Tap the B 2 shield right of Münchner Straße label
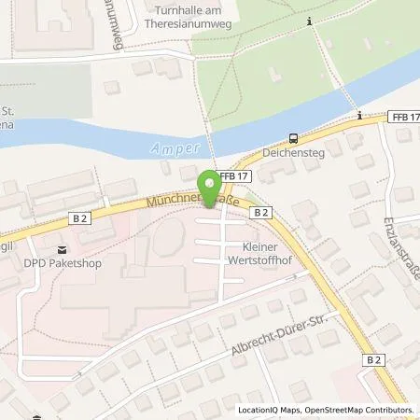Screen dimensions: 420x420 pyautogui.click(x=261, y=212)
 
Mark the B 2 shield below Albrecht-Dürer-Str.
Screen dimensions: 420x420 pyautogui.click(x=374, y=359)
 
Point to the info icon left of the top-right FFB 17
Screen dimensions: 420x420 pyautogui.click(x=359, y=116)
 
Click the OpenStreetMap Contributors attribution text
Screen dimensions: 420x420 pyautogui.click(x=360, y=411)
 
